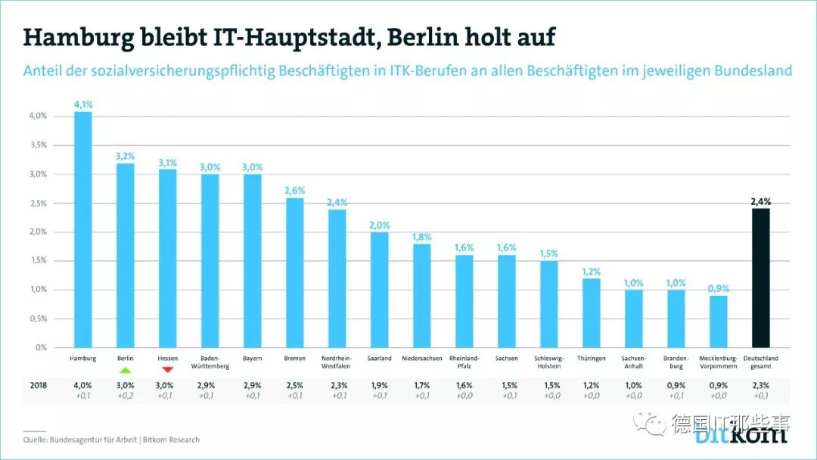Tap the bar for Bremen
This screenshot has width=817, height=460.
294,272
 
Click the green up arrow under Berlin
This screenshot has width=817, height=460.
125,368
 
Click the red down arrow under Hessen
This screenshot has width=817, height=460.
167,368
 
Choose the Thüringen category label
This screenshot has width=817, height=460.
591,358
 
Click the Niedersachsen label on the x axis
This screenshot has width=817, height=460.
421,358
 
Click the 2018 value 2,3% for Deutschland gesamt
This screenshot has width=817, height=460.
760,385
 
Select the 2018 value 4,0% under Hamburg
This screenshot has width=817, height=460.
82,385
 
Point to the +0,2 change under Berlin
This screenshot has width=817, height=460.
125,395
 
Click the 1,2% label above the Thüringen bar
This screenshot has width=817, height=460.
591,272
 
